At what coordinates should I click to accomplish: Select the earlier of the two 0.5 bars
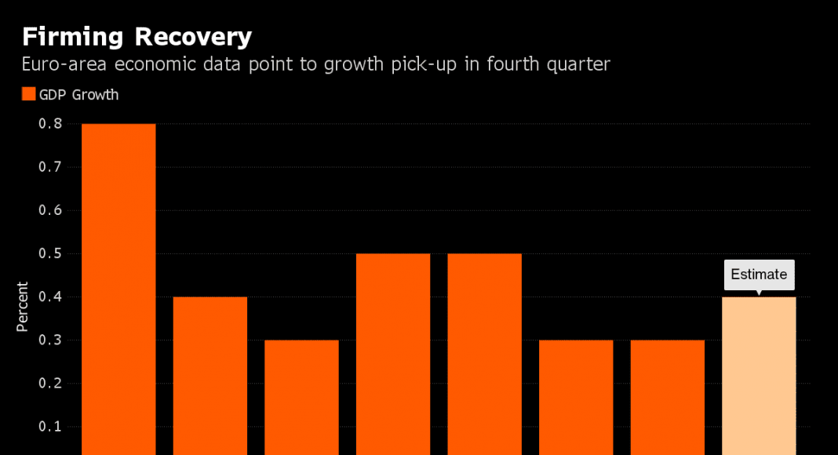click(393, 353)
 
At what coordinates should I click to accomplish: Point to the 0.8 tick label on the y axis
click(49, 124)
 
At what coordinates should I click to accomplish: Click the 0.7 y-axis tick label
click(49, 167)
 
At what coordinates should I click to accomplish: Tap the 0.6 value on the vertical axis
click(49, 210)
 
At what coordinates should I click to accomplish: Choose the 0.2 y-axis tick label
click(49, 384)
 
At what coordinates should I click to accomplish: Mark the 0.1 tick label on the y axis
click(49, 427)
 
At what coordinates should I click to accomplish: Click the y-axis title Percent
click(23, 307)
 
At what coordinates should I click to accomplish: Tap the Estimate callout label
click(759, 275)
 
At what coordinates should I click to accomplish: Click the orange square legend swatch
click(28, 95)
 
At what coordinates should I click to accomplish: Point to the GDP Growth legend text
click(79, 95)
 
